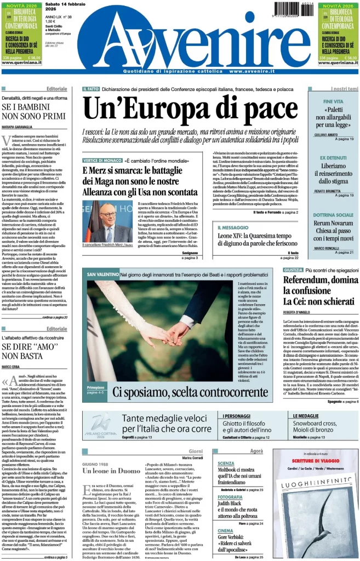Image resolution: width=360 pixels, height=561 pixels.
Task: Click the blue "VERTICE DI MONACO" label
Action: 101,161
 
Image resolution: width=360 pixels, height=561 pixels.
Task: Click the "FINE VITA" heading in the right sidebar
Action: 334,102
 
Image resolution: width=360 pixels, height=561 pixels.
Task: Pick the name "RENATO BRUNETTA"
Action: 328,191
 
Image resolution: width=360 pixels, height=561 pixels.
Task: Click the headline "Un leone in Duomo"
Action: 111,471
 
